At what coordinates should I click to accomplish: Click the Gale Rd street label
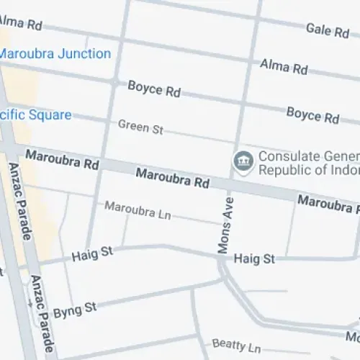[328, 30]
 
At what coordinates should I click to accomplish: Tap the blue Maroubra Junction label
[55, 54]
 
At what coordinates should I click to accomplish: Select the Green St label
[141, 127]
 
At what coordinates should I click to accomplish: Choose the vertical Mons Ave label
[224, 224]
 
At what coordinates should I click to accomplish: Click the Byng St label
[74, 307]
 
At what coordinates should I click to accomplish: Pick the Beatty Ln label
[236, 346]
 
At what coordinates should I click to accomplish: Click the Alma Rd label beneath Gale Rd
[284, 68]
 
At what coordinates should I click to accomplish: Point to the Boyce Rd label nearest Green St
[154, 90]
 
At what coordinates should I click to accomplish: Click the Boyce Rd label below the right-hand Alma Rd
[312, 114]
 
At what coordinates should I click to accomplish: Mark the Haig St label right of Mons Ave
[255, 258]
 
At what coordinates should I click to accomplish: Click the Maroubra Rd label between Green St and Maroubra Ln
[173, 177]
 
